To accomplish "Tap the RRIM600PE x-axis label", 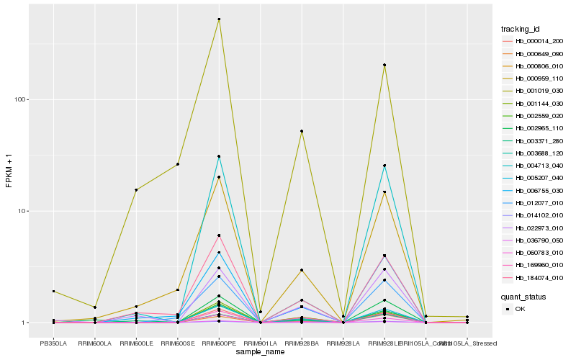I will click(x=219, y=343).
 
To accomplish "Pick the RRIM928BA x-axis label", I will click(x=302, y=343).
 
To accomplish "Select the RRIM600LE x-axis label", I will click(x=136, y=343).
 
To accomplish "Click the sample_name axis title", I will click(x=260, y=352).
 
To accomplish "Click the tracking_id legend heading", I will click(x=521, y=29).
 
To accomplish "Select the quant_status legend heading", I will click(x=523, y=296).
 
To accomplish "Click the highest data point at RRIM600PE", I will click(x=219, y=19).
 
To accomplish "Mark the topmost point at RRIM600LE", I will click(x=136, y=190).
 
